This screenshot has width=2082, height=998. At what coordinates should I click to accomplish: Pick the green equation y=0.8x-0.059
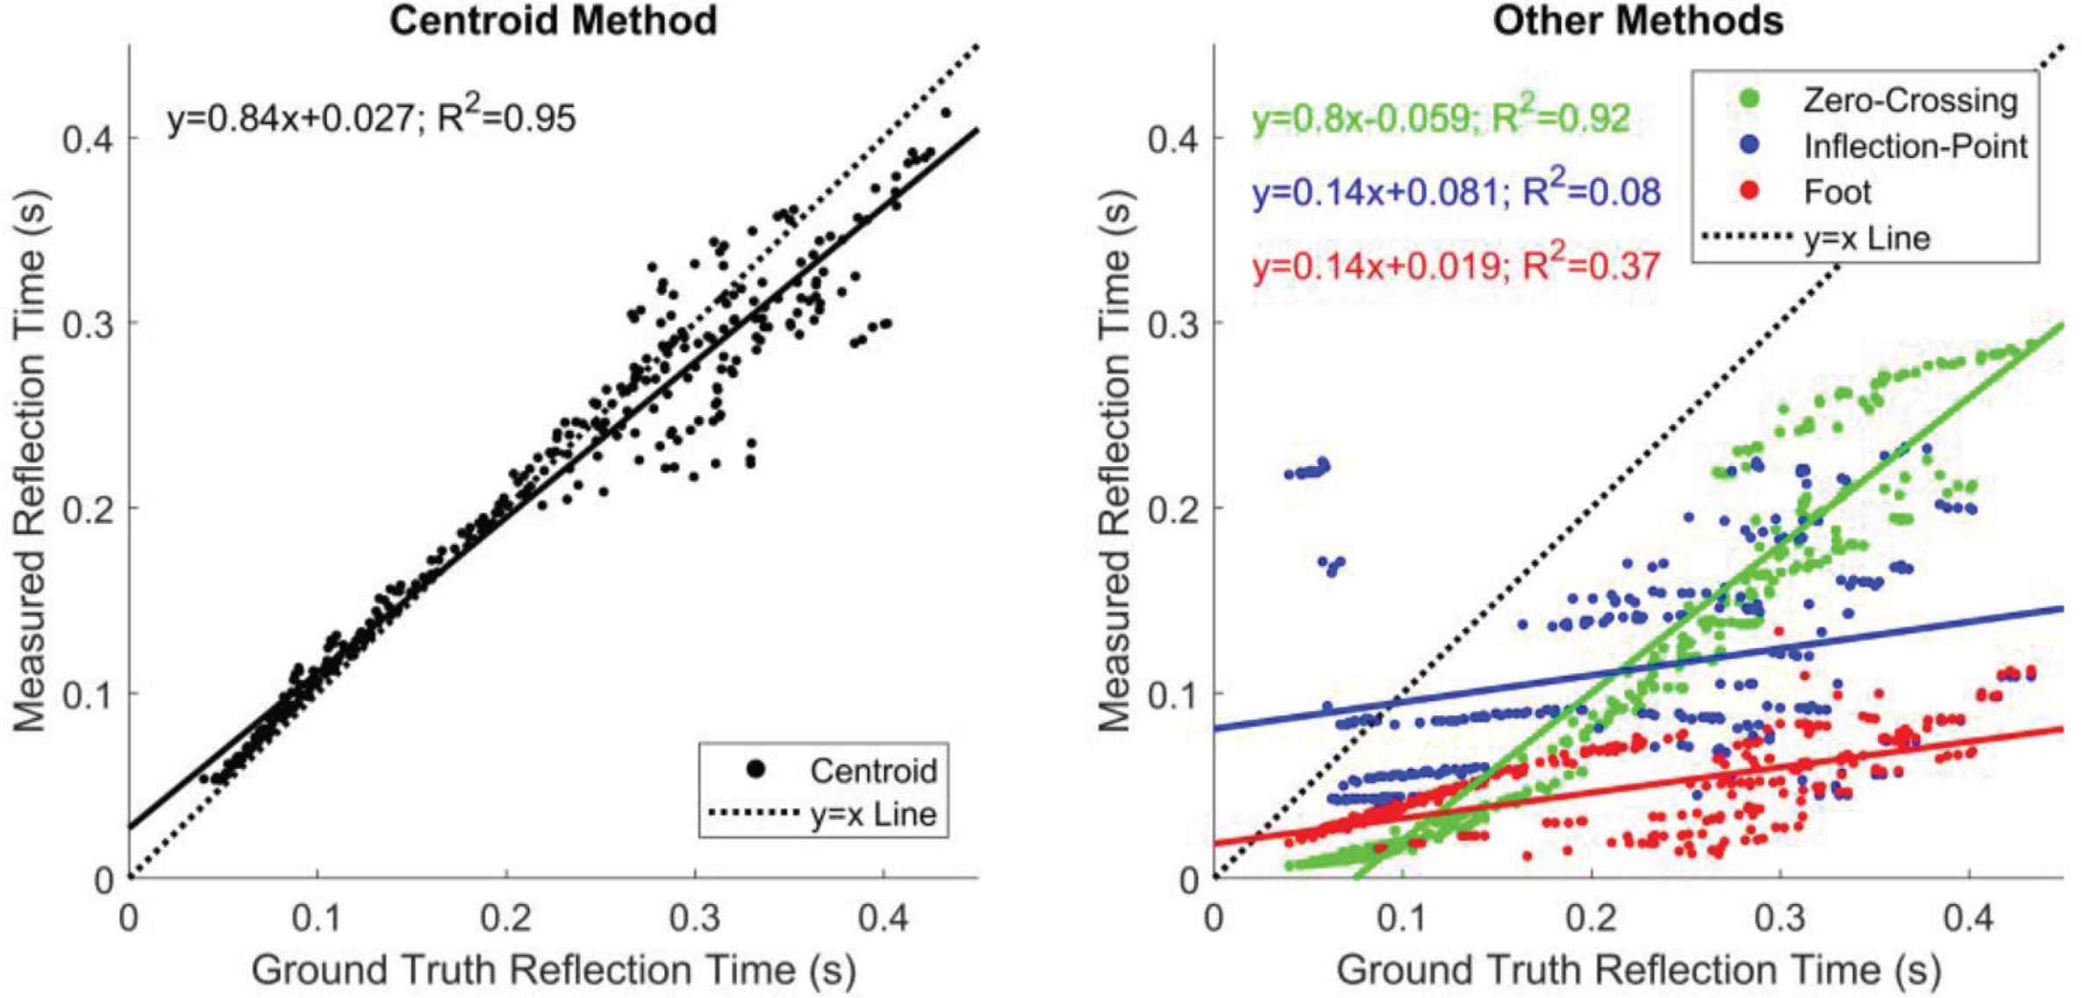click(x=1441, y=118)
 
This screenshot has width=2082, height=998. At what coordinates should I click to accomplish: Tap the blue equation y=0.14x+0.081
click(x=1456, y=192)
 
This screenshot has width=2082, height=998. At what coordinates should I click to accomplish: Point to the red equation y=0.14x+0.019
click(x=1456, y=266)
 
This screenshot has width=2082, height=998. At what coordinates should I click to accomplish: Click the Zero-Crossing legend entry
click(x=1909, y=101)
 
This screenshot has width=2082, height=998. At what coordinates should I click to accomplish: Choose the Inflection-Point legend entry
click(x=1914, y=147)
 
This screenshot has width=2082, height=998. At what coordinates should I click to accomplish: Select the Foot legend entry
click(x=1837, y=192)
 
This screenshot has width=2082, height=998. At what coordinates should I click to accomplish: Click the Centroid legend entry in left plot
click(x=873, y=771)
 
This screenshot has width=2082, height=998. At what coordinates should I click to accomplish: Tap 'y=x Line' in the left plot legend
click(x=873, y=814)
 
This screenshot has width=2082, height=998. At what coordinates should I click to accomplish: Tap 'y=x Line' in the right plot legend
click(x=1867, y=238)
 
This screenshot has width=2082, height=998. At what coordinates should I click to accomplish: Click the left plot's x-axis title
click(x=553, y=971)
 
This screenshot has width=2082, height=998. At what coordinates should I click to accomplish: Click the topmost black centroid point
click(x=945, y=112)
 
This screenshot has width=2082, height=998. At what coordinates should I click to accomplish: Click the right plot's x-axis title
click(x=1638, y=971)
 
